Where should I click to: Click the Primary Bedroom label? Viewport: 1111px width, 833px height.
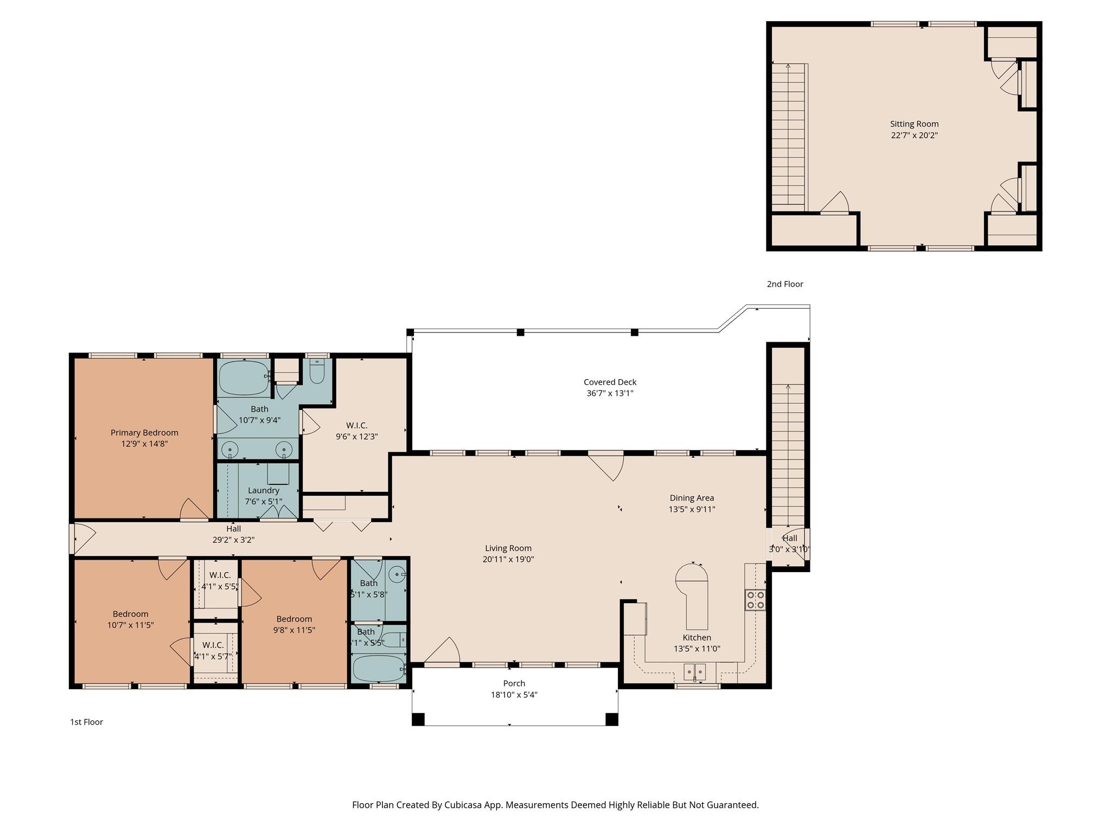click(x=144, y=432)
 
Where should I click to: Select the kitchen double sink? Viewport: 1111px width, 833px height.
click(x=695, y=672)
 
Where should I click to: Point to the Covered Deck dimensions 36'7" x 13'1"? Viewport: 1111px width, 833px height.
click(x=610, y=393)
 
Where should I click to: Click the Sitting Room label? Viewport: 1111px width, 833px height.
click(x=914, y=124)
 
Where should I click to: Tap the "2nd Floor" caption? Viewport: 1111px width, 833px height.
click(x=784, y=284)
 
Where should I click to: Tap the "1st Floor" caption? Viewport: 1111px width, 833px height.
click(x=86, y=722)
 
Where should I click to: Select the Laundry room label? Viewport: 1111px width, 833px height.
click(x=263, y=490)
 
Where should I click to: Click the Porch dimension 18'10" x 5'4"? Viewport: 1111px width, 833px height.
click(x=514, y=695)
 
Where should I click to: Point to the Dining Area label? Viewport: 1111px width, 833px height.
click(x=692, y=498)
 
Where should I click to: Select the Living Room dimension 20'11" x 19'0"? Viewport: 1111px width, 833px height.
click(x=508, y=559)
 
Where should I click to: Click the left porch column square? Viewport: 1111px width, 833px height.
click(x=418, y=719)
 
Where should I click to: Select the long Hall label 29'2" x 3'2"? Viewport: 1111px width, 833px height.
click(x=233, y=534)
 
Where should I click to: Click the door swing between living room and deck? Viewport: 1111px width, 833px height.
click(x=609, y=466)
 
